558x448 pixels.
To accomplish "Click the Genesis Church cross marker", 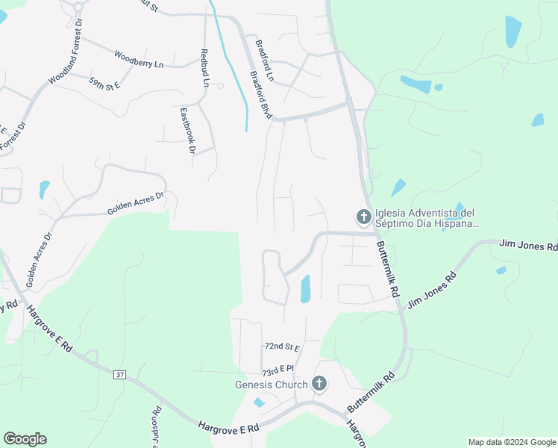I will [319, 384].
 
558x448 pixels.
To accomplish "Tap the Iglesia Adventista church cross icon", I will [364, 217].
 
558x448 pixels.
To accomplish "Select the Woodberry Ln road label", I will [138, 60].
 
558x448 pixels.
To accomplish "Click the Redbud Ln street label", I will [204, 66].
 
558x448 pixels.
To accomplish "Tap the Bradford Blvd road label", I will [260, 94].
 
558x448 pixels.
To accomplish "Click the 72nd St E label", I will [281, 347].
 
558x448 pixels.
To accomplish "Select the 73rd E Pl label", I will [278, 370].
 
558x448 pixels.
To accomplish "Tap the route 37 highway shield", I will [120, 375].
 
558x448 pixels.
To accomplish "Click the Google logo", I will [25, 439].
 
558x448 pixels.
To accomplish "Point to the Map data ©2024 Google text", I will [511, 442].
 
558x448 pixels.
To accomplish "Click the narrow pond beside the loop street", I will [305, 289].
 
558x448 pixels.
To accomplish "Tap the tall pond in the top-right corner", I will [513, 31].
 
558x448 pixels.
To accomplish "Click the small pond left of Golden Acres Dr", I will [44, 189].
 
